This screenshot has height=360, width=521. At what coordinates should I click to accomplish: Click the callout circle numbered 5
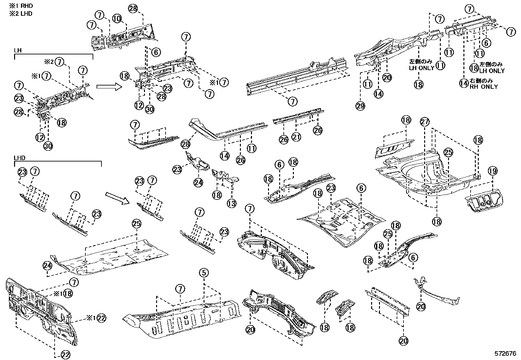coord(203,273)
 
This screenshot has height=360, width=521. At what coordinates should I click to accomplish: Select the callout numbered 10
coord(117,19)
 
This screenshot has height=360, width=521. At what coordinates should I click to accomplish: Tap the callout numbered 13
coord(231,203)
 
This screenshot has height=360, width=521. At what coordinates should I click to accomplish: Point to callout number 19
coord(493,171)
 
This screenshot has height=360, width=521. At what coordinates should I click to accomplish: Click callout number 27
coord(424,122)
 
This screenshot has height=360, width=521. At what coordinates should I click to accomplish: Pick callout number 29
coord(361,106)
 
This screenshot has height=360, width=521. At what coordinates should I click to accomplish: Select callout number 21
coord(296,137)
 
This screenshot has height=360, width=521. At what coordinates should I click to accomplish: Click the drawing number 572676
coord(505,353)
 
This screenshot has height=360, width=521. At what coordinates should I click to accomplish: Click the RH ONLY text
coord(483,87)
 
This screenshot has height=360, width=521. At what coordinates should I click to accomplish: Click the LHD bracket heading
coord(20,158)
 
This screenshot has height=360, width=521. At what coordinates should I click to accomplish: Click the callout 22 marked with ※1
coord(102,318)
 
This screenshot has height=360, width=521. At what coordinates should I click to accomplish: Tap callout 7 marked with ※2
coord(59,62)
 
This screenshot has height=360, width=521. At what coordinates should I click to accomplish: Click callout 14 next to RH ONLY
coord(463,83)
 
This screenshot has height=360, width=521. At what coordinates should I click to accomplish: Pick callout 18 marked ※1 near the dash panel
coord(68,294)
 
